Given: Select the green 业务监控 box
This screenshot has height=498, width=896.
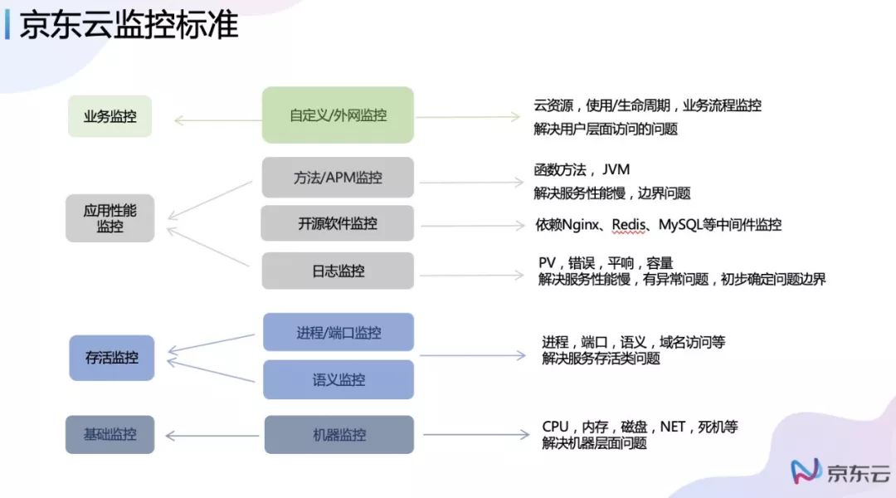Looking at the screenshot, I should pos(110,117).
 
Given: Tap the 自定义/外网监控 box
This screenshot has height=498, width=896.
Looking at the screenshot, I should pos(338,115).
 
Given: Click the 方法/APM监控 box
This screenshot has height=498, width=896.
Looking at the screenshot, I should pos(338,178).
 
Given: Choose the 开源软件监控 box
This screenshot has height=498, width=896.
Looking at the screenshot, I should pos(338,224).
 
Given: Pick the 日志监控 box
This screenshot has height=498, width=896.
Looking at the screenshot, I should pos(338,271).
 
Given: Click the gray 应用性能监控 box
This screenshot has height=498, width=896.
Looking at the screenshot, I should pos(110,218).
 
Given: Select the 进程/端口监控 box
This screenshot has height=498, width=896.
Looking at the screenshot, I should pos(338,333).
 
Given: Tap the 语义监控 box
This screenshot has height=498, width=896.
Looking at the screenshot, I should pos(338,379).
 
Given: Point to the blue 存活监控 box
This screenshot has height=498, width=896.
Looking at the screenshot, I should pos(111,359).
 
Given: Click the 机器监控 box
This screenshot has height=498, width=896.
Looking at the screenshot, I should pos(338,435).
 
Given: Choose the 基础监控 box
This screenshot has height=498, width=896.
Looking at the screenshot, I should pos(110,434).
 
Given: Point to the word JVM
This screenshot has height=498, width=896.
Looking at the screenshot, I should pos(616,170).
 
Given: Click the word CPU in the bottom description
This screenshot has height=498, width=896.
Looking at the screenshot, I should pos(555,427).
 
